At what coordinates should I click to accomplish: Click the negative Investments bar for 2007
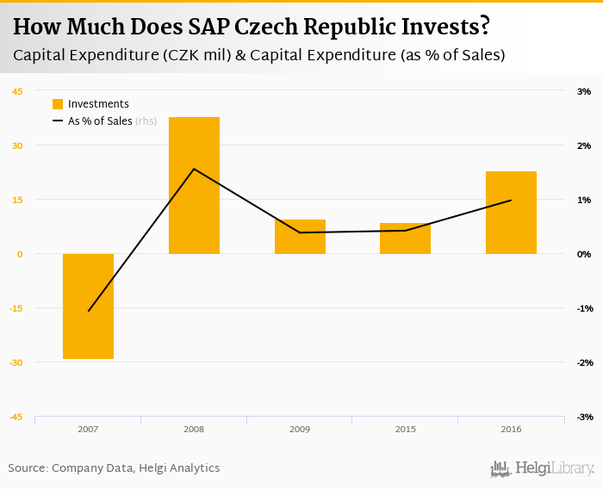click(x=88, y=306)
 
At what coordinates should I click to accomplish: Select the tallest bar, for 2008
click(x=194, y=185)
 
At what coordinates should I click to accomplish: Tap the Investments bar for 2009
click(x=300, y=237)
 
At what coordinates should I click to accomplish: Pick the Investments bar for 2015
click(x=405, y=238)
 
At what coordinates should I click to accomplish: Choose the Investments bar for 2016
click(x=511, y=213)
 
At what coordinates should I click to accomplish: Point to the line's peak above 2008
click(x=194, y=169)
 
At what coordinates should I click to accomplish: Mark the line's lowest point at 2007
click(x=88, y=311)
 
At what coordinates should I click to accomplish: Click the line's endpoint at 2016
click(x=511, y=201)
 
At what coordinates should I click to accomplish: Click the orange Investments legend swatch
click(x=58, y=104)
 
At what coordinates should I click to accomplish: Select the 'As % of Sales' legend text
click(x=100, y=121)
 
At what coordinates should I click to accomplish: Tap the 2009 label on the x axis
click(x=300, y=429)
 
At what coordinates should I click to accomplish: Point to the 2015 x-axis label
click(x=405, y=429)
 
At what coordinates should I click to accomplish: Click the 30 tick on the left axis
click(x=17, y=145)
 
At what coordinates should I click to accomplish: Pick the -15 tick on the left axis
click(x=17, y=308)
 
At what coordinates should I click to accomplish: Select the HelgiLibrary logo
click(x=543, y=468)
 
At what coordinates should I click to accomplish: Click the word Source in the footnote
click(x=28, y=468)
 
